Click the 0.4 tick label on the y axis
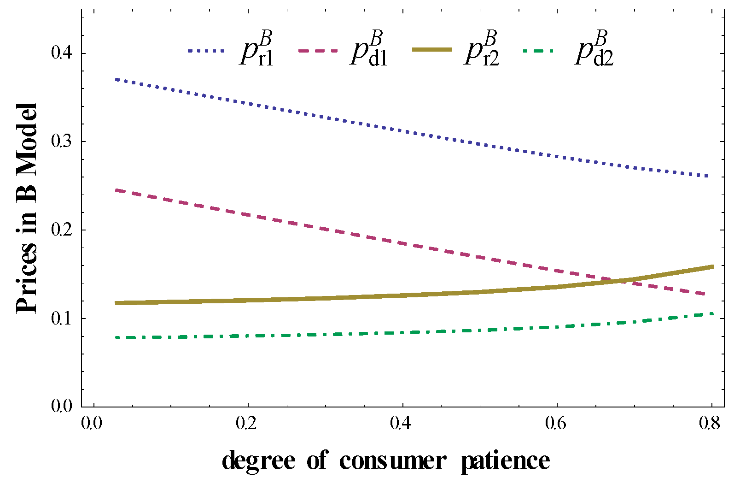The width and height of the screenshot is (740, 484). pyautogui.click(x=62, y=53)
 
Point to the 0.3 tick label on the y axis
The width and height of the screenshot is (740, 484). pyautogui.click(x=62, y=142)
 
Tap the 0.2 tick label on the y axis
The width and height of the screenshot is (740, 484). pyautogui.click(x=62, y=230)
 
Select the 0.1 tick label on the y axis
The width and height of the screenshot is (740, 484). pyautogui.click(x=62, y=319)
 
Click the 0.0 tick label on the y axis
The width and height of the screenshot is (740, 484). pyautogui.click(x=62, y=407)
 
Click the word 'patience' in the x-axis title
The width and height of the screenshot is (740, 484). pyautogui.click(x=506, y=461)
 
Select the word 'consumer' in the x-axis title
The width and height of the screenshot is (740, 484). pyautogui.click(x=393, y=461)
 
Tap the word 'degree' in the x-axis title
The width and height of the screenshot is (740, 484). pyautogui.click(x=258, y=461)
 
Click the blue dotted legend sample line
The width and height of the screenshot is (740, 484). pyautogui.click(x=206, y=51)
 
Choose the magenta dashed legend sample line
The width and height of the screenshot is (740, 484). pyautogui.click(x=318, y=51)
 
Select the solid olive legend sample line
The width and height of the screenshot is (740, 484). pyautogui.click(x=431, y=50)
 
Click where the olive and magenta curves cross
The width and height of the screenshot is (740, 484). pyautogui.click(x=617, y=280)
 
